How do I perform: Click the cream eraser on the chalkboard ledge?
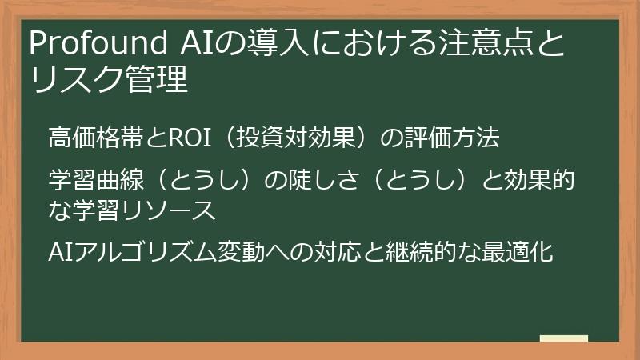pos(563,338)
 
